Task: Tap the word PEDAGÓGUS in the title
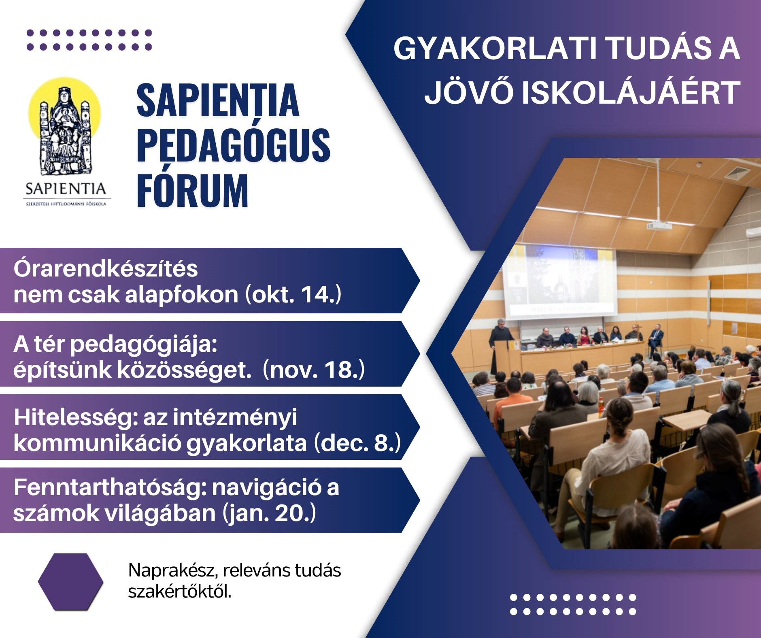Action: coord(234,145)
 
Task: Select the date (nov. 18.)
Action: coord(314,369)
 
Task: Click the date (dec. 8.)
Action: coord(357,442)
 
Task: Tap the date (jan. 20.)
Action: coord(269,513)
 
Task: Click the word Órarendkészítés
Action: coord(106,268)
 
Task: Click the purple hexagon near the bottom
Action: coord(70,582)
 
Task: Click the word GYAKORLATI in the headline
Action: coord(495,49)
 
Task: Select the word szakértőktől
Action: coord(180,592)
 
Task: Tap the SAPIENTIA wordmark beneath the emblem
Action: coord(66,189)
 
